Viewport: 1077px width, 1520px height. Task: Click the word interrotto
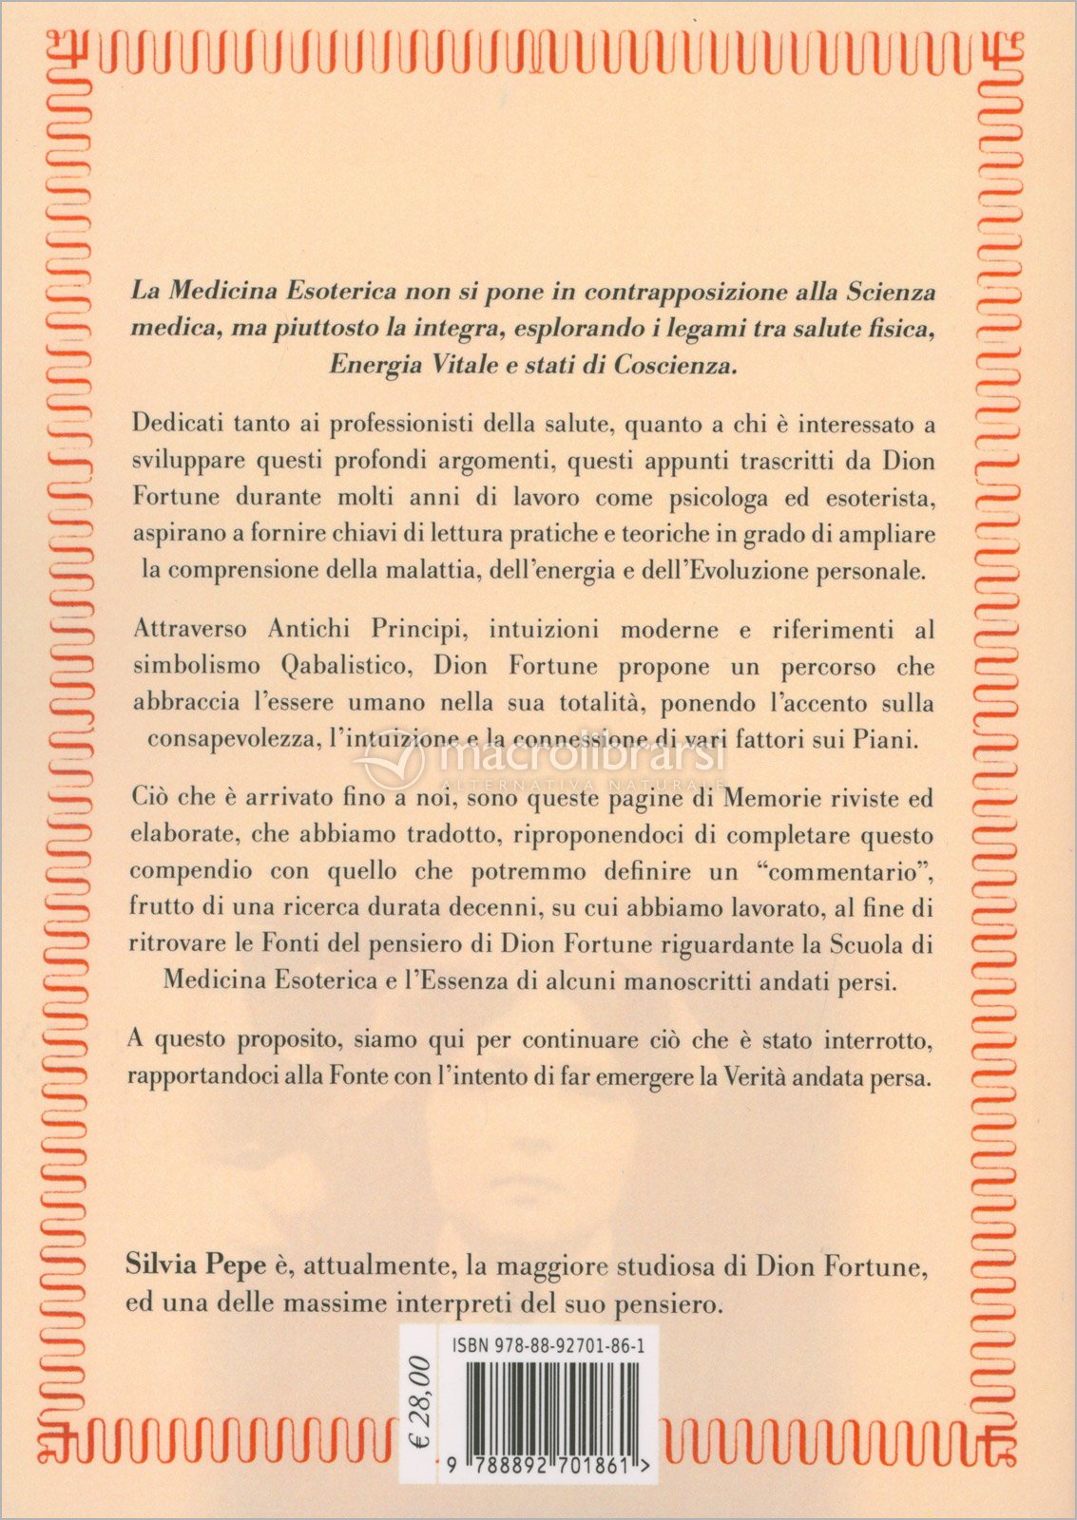[x=864, y=1039]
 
